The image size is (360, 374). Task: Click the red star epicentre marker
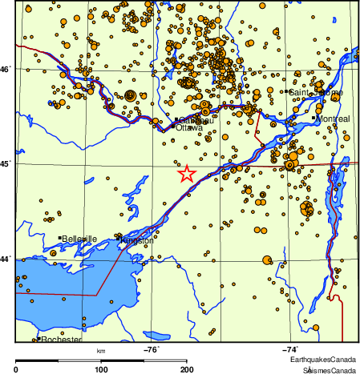click(186, 174)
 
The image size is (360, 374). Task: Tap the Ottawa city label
click(189, 128)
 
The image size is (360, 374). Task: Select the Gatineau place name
click(196, 120)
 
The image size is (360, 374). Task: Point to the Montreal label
click(333, 119)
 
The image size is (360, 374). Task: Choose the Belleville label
click(79, 239)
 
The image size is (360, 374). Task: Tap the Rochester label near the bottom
click(61, 340)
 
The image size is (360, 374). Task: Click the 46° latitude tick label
click(7, 70)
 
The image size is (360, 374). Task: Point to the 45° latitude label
click(7, 164)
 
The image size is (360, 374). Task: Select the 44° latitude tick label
click(7, 259)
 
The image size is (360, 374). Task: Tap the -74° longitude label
click(290, 348)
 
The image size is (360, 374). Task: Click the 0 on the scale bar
click(16, 369)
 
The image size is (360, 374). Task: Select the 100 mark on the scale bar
click(101, 369)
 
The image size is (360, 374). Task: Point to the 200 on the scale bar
click(187, 369)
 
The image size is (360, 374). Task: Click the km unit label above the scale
click(101, 350)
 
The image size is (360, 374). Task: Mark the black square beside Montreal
click(313, 119)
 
